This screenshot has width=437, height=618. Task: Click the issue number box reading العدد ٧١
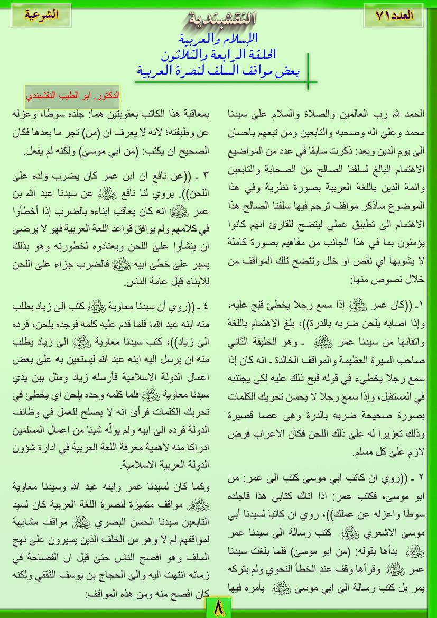394,16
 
